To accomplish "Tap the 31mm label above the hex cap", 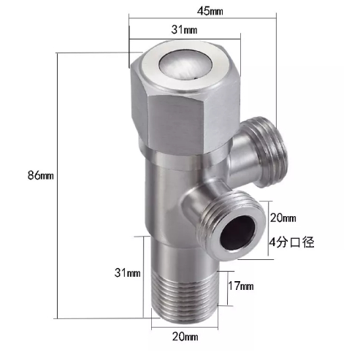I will click(x=183, y=30).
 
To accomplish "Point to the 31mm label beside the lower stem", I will click(x=128, y=273).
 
